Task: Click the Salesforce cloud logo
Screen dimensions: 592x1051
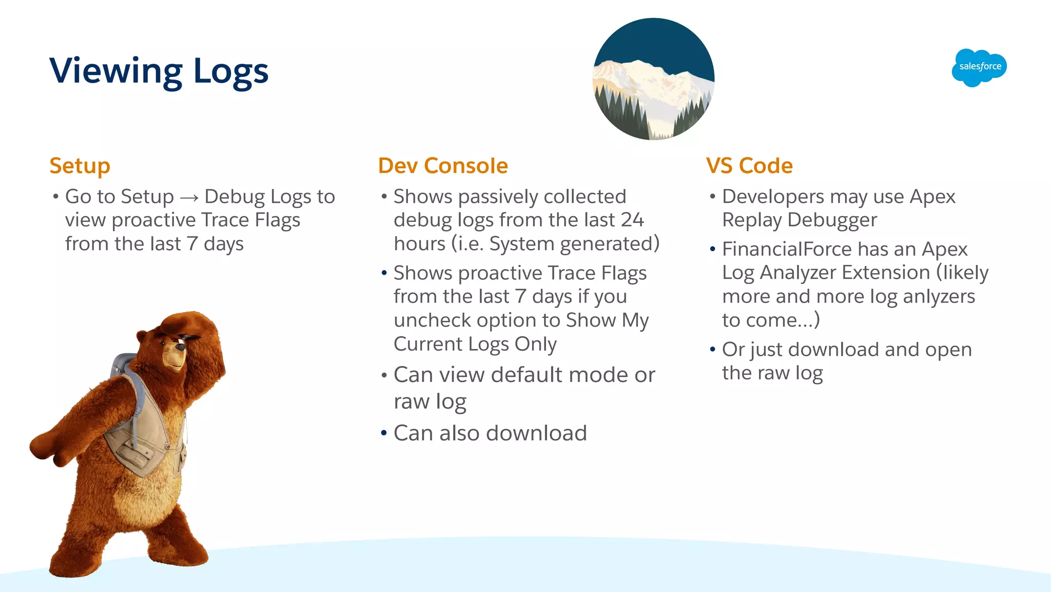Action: tap(979, 67)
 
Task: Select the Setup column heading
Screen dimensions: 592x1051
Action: tap(80, 166)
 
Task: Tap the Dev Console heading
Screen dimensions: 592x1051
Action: tap(443, 166)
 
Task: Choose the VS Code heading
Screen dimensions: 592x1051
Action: tap(749, 166)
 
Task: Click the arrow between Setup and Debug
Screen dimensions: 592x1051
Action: tap(189, 198)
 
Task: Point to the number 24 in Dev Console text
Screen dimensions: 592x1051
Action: tap(631, 220)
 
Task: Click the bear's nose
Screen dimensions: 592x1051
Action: tap(180, 347)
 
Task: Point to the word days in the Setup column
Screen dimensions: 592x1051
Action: tap(223, 244)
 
